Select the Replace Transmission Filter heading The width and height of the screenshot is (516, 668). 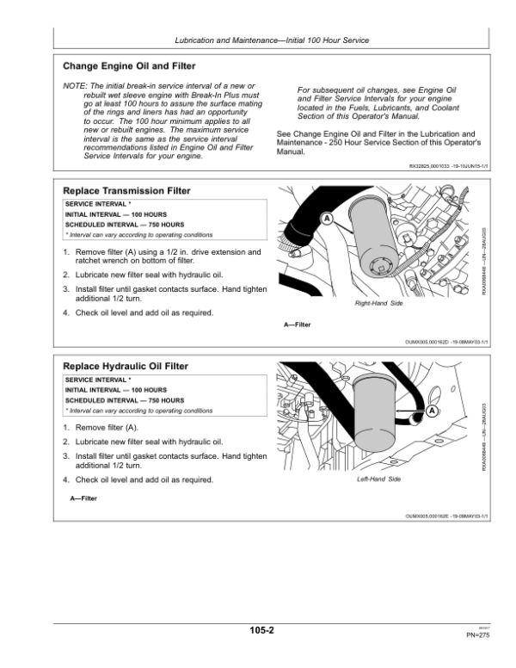127,190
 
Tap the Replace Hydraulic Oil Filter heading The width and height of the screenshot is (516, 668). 126,366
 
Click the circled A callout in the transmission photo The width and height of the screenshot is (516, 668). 327,219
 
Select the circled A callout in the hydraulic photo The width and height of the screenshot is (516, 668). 432,412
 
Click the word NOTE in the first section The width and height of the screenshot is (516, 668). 76,87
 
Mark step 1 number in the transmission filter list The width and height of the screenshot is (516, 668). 66,252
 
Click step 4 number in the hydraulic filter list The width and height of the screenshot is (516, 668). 66,479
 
